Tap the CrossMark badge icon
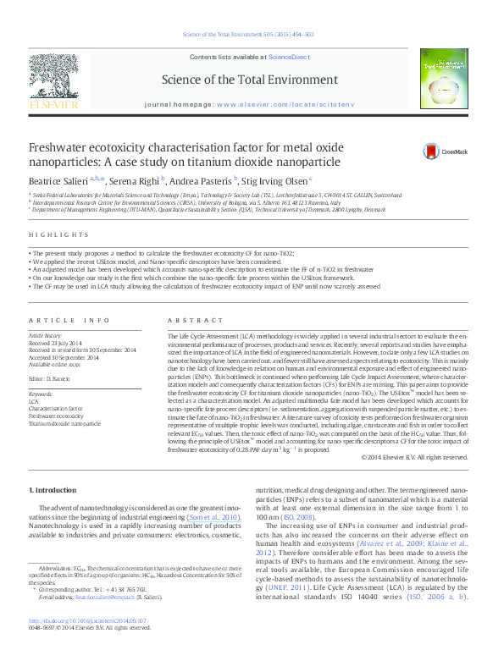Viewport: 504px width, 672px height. (435, 151)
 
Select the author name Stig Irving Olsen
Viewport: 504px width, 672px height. (279, 181)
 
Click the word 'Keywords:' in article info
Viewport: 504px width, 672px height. (41, 394)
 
